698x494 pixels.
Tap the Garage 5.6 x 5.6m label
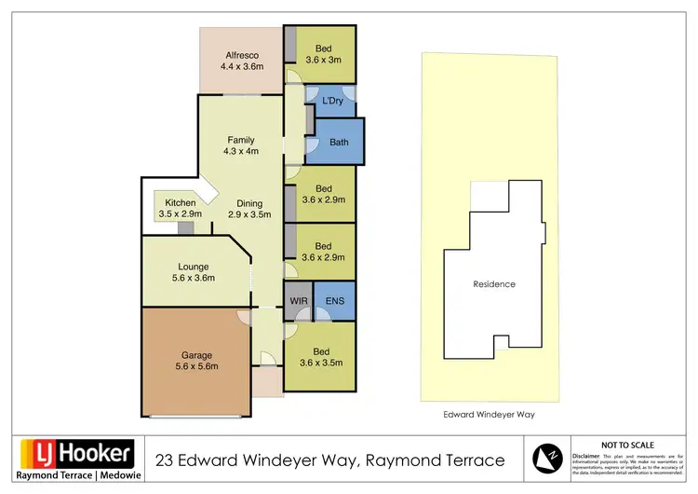coord(196,361)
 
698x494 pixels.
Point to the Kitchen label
coord(180,209)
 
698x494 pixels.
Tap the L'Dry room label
coord(332,101)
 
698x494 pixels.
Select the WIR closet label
coord(299,301)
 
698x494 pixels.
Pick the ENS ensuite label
coord(334,301)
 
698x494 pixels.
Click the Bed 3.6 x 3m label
coord(323,54)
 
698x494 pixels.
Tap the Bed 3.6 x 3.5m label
coord(323,357)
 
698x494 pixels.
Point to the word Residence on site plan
coord(494,284)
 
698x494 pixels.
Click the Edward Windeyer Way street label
coord(493,415)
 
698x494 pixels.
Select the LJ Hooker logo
coord(78,455)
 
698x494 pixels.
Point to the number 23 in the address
coord(164,460)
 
